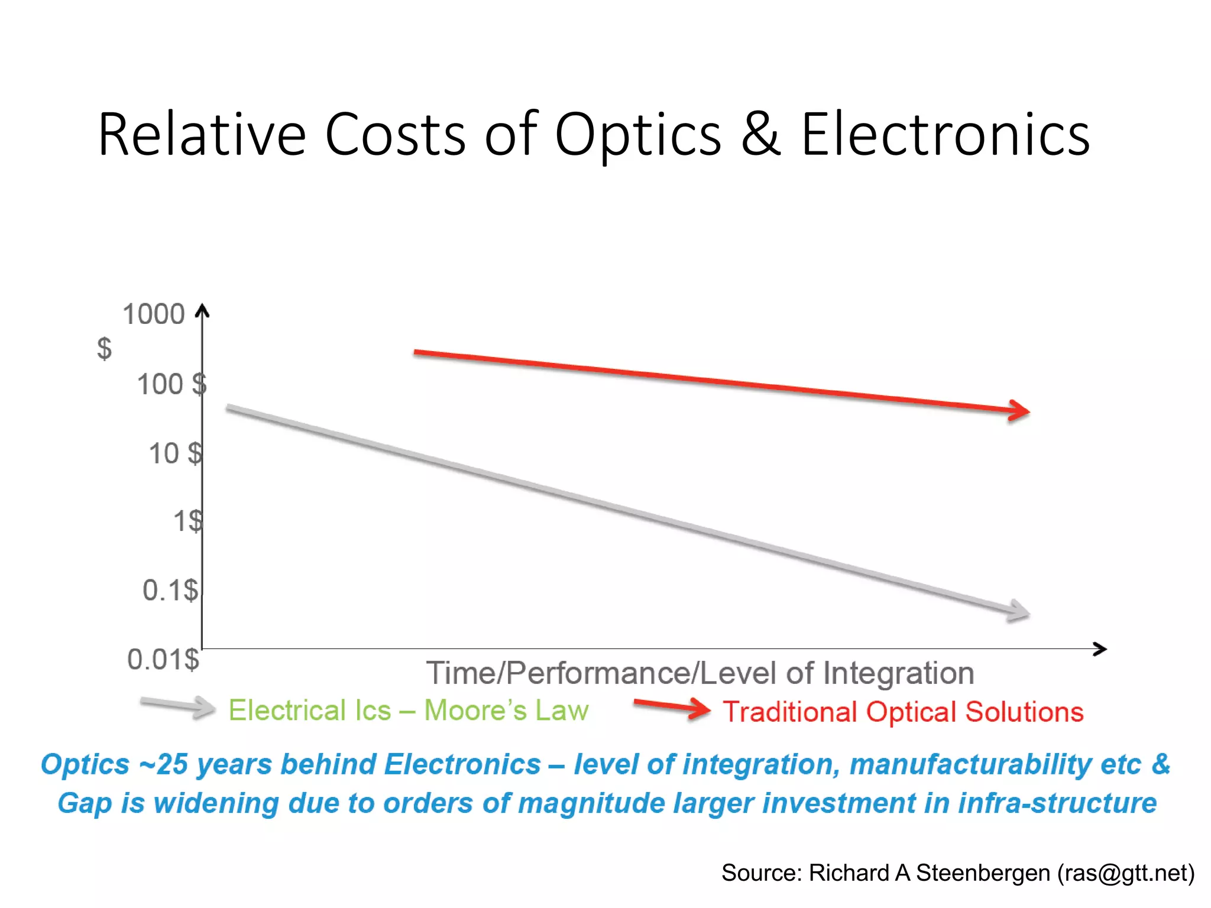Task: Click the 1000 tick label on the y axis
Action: click(x=153, y=314)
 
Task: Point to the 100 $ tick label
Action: click(x=171, y=385)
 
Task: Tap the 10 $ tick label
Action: click(x=174, y=454)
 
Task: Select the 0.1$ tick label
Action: click(x=170, y=590)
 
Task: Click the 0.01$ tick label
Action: click(x=163, y=659)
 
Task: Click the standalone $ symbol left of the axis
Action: click(x=104, y=349)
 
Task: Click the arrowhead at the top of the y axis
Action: click(x=202, y=310)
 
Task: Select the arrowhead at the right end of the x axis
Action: click(x=1100, y=649)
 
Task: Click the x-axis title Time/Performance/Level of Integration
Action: click(x=700, y=673)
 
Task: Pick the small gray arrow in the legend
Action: click(x=177, y=706)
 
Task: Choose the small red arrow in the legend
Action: click(x=672, y=708)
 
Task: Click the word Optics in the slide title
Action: click(x=638, y=135)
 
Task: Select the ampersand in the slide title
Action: click(x=761, y=135)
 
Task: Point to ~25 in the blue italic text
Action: click(x=164, y=764)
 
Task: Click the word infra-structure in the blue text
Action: click(x=1057, y=803)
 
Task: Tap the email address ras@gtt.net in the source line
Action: click(x=1126, y=873)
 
